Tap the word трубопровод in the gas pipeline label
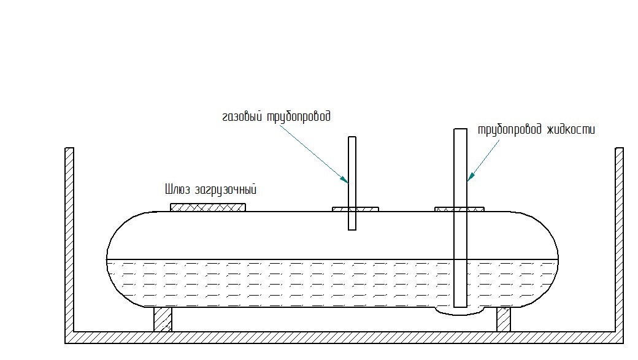tap(299, 117)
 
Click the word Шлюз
tap(178, 189)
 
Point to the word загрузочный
tap(225, 190)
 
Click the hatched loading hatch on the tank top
tap(208, 207)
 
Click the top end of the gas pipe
tap(352, 138)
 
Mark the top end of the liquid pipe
tap(460, 130)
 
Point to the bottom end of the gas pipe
tap(352, 228)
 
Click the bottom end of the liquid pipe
tap(460, 305)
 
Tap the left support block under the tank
tap(163, 320)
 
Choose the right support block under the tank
tap(504, 320)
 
